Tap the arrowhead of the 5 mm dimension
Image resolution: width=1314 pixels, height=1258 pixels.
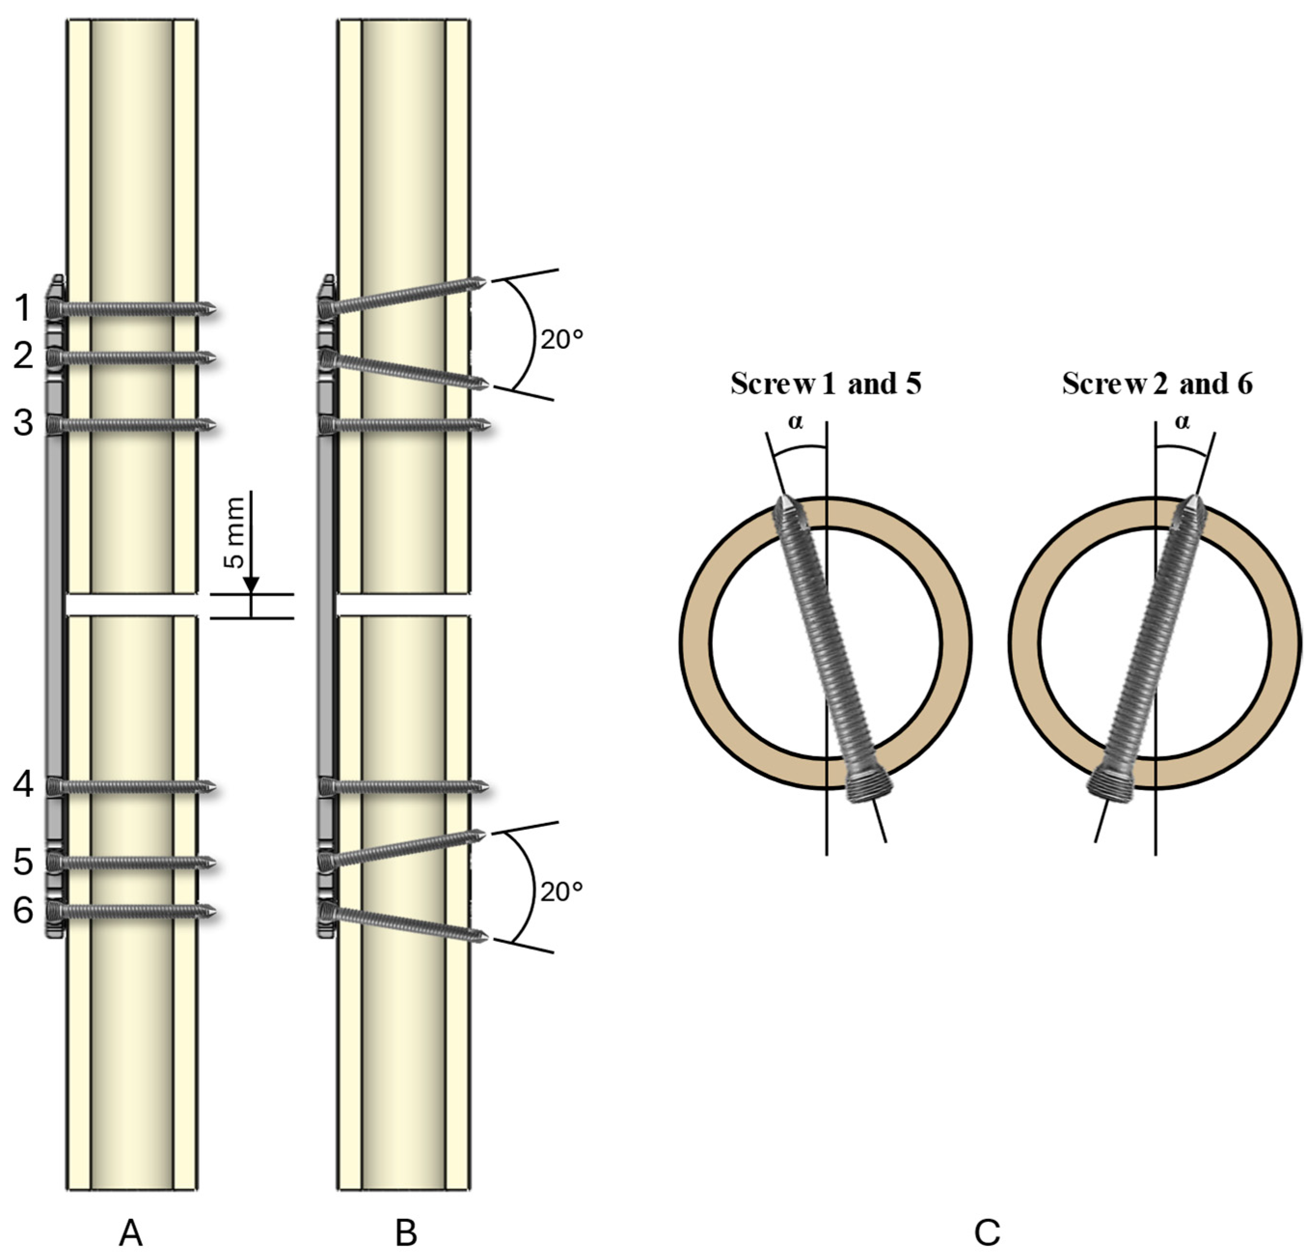click(251, 585)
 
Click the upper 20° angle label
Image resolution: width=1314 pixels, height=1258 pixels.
click(562, 340)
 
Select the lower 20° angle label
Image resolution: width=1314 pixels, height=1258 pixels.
click(562, 891)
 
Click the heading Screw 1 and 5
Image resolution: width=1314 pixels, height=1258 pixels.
click(826, 383)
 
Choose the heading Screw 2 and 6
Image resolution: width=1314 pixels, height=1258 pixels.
click(1158, 383)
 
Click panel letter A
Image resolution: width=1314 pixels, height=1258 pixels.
click(131, 1232)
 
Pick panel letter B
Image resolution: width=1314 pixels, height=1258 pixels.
click(406, 1232)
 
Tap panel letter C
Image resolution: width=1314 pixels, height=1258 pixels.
click(987, 1232)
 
